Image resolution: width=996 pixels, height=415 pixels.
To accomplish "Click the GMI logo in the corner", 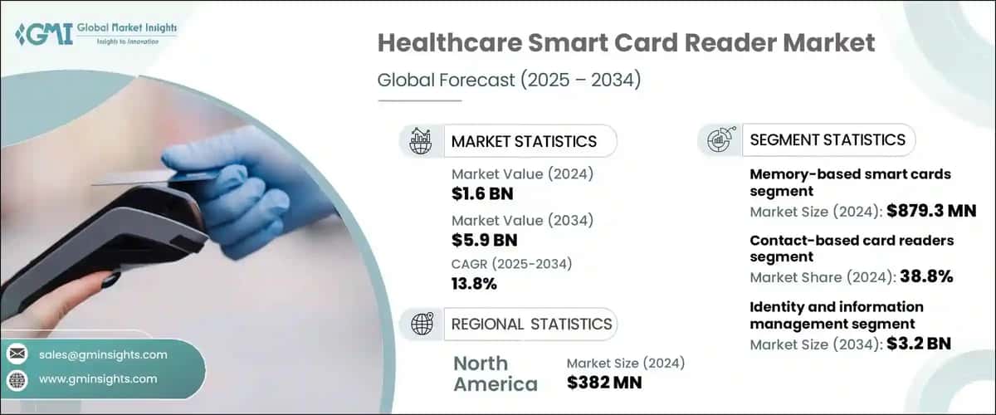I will click(95, 34).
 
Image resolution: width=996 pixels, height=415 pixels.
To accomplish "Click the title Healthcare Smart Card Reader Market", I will click(627, 44).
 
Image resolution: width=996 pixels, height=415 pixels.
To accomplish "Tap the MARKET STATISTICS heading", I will click(523, 141).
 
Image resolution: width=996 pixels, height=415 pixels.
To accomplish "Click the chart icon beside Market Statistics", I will click(421, 141).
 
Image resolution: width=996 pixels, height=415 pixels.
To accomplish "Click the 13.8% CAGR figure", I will click(474, 284).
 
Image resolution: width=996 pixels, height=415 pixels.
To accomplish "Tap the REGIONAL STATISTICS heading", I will click(531, 324).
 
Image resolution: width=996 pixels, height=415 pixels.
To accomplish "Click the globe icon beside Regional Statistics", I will click(421, 324).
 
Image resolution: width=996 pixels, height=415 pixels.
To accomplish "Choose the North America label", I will click(496, 373).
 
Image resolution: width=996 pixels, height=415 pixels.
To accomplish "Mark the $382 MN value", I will click(604, 382).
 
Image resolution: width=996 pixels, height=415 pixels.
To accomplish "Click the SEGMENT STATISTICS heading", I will click(828, 140).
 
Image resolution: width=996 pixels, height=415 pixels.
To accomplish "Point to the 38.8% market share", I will click(922, 277).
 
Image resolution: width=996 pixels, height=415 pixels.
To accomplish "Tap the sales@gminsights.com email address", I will click(103, 354).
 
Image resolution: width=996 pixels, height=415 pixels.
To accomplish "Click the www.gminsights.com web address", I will click(98, 379).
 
